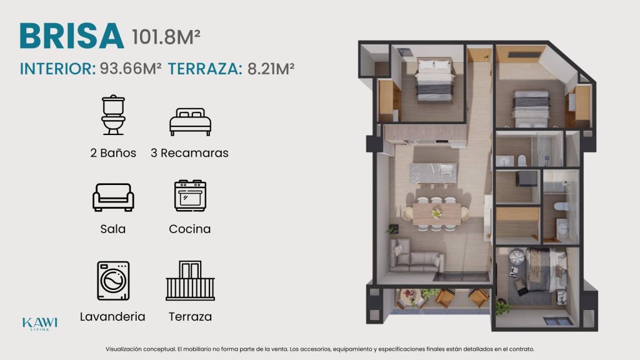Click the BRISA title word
(72, 36)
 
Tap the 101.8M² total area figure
(166, 37)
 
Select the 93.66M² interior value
(130, 69)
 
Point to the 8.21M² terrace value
(271, 69)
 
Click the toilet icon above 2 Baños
(114, 115)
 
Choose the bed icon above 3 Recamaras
(190, 122)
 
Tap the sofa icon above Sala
(113, 197)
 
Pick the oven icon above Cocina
(190, 196)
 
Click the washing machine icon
(114, 281)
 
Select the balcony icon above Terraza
(190, 281)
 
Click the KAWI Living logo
(39, 324)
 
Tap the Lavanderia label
(112, 317)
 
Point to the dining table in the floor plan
(436, 214)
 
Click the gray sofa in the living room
(416, 256)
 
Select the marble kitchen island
(433, 174)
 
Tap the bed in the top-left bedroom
(435, 81)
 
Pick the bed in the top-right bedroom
(531, 109)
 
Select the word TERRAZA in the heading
(205, 69)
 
